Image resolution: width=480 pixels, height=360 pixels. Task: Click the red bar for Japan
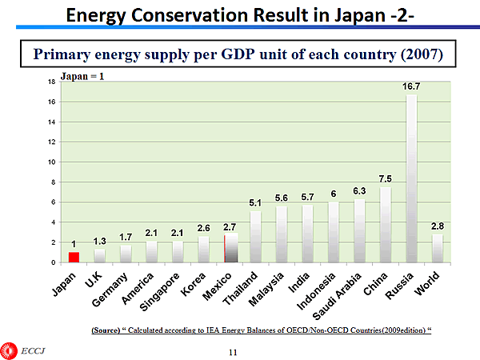pyautogui.click(x=74, y=257)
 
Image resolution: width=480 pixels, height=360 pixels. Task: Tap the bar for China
pyautogui.click(x=385, y=224)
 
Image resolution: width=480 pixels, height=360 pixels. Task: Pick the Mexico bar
pyautogui.click(x=230, y=247)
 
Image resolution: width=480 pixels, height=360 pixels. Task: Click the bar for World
pyautogui.click(x=437, y=248)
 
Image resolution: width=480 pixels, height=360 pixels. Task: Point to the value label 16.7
pyautogui.click(x=411, y=86)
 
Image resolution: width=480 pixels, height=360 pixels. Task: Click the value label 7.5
pyautogui.click(x=385, y=178)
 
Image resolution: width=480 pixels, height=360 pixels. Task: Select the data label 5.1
pyautogui.click(x=255, y=203)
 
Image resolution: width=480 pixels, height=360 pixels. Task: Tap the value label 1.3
pyautogui.click(x=99, y=240)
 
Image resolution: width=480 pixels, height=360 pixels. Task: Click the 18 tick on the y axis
pyautogui.click(x=52, y=82)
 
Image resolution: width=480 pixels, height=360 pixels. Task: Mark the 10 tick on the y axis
pyautogui.click(x=52, y=162)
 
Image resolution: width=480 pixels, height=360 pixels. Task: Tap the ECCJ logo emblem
pyautogui.click(x=10, y=350)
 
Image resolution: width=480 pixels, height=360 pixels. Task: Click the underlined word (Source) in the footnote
pyautogui.click(x=107, y=330)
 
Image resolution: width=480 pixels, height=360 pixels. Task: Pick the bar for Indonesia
pyautogui.click(x=334, y=231)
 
